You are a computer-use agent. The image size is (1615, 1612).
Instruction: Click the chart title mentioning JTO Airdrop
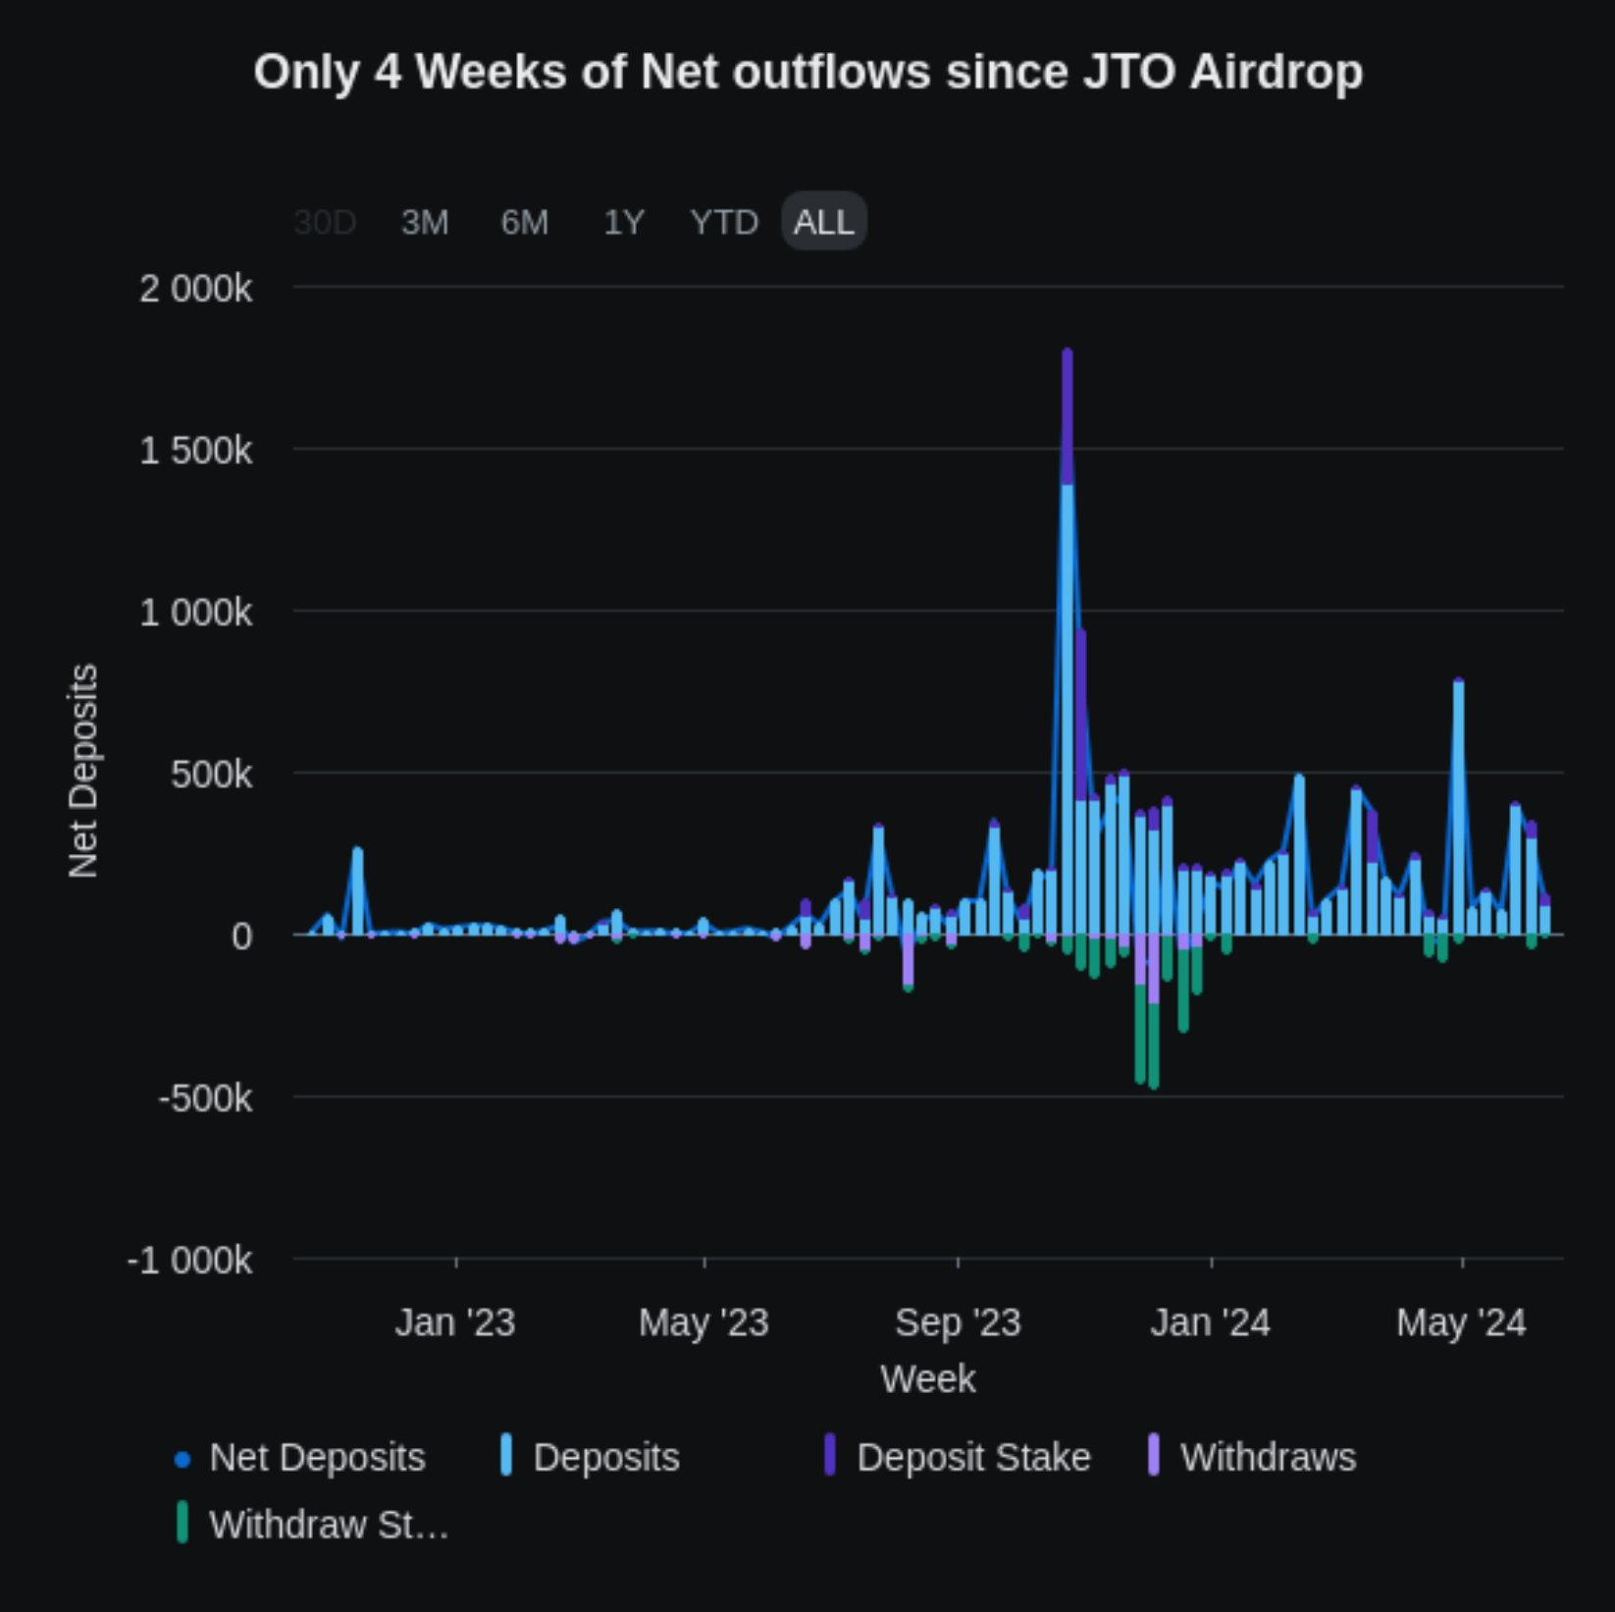point(807,73)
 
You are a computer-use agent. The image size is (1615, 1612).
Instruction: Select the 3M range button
point(425,223)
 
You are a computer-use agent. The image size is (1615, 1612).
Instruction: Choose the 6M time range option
point(525,223)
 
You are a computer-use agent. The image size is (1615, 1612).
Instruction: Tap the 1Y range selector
point(624,223)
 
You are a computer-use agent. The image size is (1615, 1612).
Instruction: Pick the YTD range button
point(724,223)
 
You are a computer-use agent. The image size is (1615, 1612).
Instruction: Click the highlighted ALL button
point(824,222)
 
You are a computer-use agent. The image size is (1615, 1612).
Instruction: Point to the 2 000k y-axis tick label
point(195,290)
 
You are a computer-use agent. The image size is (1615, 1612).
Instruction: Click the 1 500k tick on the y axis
point(195,451)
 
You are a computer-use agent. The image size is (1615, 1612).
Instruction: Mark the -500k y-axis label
point(205,1099)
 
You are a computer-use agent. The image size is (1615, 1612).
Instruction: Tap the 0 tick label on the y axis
point(241,937)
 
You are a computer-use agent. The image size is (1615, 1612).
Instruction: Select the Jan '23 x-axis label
point(455,1322)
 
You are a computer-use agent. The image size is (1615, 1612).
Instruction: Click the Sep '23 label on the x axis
point(958,1322)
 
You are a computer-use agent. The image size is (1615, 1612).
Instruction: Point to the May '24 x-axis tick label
point(1461,1322)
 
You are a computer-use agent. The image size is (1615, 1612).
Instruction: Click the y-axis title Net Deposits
point(83,771)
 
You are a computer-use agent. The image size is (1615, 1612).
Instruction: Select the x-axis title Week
point(927,1379)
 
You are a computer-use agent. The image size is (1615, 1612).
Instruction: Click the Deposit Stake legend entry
point(972,1458)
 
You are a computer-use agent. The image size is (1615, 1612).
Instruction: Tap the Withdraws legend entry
point(1267,1458)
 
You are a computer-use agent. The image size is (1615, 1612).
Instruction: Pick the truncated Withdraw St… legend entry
point(328,1526)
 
